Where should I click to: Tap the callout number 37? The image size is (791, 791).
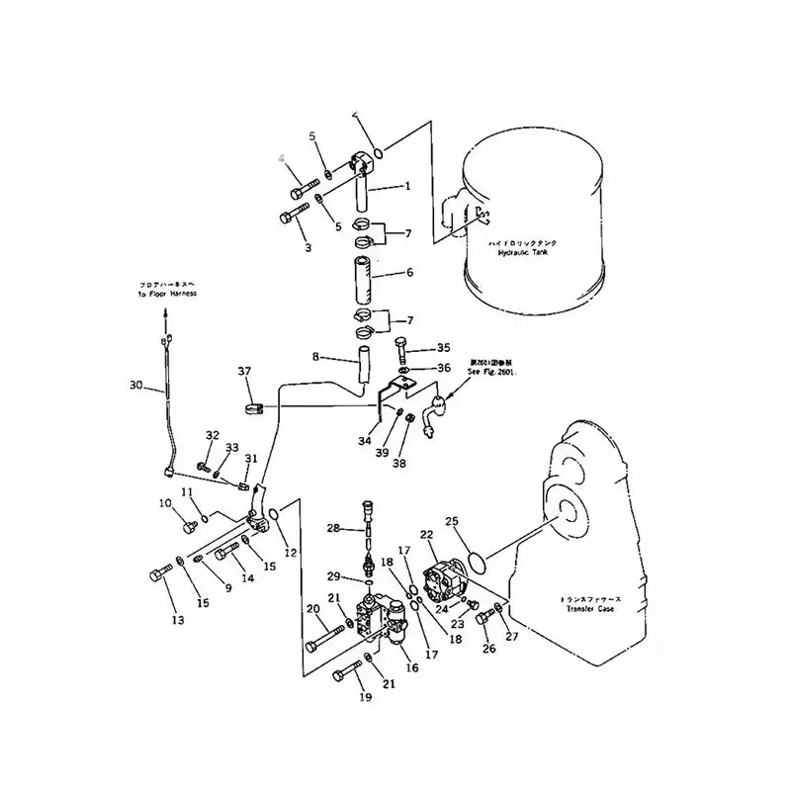pyautogui.click(x=244, y=371)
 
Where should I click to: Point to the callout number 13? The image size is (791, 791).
pyautogui.click(x=179, y=621)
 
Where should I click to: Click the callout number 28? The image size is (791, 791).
pyautogui.click(x=333, y=529)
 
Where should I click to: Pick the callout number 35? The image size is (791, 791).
pyautogui.click(x=443, y=348)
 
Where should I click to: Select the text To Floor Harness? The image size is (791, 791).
pyautogui.click(x=167, y=294)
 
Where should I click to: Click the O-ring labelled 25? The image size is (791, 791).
pyautogui.click(x=475, y=563)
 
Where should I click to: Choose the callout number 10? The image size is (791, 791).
pyautogui.click(x=164, y=504)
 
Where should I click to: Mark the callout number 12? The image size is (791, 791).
pyautogui.click(x=291, y=553)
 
